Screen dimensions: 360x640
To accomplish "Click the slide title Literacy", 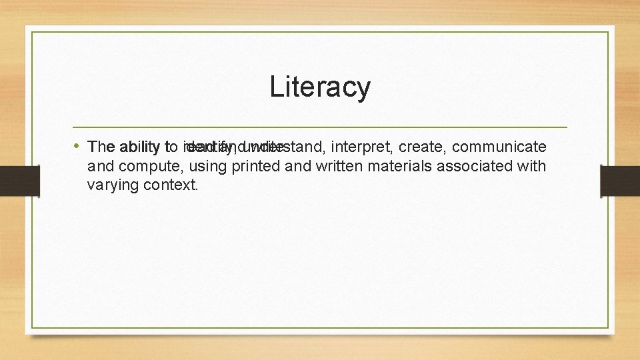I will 320,87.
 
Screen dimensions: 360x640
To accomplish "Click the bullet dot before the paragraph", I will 77,145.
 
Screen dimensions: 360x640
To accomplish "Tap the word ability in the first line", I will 137,147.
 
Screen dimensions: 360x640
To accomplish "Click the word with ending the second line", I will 531,166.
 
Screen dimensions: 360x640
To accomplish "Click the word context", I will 171,185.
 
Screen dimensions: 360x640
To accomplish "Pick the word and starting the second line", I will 99,166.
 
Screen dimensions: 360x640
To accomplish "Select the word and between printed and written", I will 298,166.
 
